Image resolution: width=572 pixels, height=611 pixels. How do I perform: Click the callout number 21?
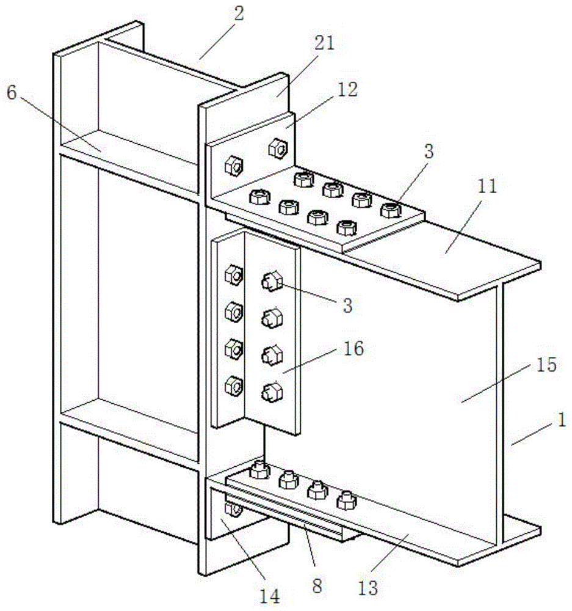click(324, 43)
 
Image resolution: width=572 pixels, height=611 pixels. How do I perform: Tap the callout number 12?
click(347, 90)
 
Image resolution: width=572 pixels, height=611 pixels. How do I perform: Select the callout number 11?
click(487, 186)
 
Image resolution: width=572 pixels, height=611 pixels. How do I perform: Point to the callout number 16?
click(353, 348)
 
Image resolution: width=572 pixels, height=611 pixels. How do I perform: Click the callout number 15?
click(546, 365)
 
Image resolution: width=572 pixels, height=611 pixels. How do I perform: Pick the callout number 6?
click(12, 93)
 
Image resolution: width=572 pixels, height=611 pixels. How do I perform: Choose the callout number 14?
click(269, 596)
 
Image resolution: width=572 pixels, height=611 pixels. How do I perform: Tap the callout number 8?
click(317, 586)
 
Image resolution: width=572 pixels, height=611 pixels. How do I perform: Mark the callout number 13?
click(367, 588)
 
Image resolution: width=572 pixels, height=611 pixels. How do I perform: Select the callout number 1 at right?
click(561, 420)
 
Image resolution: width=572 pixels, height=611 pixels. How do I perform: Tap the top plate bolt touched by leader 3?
click(391, 210)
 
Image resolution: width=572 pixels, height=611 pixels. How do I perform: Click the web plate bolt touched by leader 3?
click(272, 281)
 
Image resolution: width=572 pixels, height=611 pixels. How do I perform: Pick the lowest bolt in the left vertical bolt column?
click(234, 386)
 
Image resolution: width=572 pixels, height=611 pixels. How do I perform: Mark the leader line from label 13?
click(390, 557)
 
